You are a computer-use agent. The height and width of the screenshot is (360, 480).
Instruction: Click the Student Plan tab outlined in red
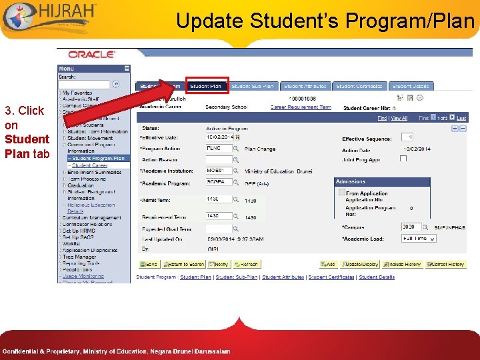click(206, 86)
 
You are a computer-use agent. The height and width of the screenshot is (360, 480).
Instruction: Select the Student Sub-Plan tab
click(253, 86)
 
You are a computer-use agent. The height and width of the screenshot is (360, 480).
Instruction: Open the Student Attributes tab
click(305, 86)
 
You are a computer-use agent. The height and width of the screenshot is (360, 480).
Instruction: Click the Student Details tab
click(411, 86)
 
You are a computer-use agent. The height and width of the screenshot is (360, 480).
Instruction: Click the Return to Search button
click(184, 265)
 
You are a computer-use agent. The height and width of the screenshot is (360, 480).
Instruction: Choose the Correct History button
click(444, 265)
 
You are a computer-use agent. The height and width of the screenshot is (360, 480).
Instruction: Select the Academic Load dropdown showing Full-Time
click(419, 238)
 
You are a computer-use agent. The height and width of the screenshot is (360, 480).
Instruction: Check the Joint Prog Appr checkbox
click(403, 158)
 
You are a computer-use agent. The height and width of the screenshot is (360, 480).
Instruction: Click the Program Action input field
click(218, 149)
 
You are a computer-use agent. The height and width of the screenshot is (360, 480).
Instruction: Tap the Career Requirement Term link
click(301, 107)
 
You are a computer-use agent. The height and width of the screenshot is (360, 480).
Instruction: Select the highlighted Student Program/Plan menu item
click(98, 159)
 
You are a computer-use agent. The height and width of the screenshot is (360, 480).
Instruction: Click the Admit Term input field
click(218, 200)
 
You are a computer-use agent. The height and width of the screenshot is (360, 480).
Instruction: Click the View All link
click(399, 118)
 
